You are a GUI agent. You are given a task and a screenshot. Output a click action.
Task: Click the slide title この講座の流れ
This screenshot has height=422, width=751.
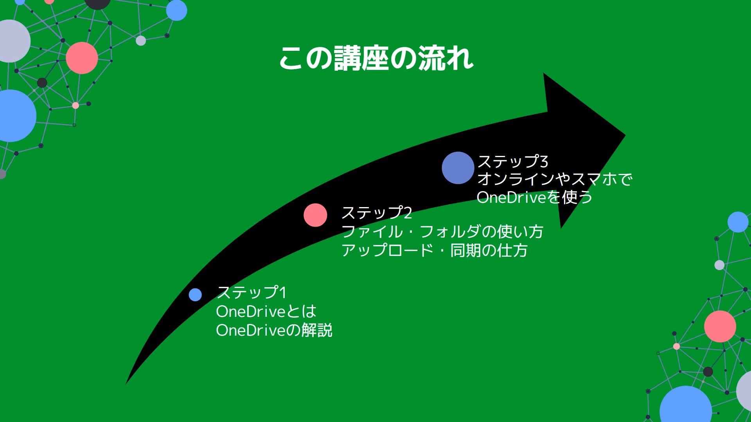pyautogui.click(x=376, y=59)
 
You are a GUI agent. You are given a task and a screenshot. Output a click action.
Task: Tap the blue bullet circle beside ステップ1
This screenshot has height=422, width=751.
pyautogui.click(x=195, y=295)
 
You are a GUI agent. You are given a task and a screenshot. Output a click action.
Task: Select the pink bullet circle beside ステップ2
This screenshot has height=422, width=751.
pyautogui.click(x=315, y=215)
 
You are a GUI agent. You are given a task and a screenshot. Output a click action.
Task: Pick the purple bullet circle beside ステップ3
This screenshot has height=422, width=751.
pyautogui.click(x=458, y=168)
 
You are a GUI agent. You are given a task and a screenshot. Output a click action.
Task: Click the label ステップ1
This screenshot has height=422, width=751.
pyautogui.click(x=252, y=292)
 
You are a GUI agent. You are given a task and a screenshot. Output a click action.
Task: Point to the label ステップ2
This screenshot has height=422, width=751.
pyautogui.click(x=377, y=213)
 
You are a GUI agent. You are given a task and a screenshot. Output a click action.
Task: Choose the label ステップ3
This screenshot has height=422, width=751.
pyautogui.click(x=512, y=161)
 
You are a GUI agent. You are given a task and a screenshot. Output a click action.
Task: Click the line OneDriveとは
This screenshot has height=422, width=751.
pyautogui.click(x=266, y=311)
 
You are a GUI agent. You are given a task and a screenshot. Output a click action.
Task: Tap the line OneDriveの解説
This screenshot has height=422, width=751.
pyautogui.click(x=274, y=330)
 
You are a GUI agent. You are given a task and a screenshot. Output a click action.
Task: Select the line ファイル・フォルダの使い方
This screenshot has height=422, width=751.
pyautogui.click(x=442, y=232)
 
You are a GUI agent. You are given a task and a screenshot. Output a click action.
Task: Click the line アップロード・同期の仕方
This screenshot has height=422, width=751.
pyautogui.click(x=434, y=250)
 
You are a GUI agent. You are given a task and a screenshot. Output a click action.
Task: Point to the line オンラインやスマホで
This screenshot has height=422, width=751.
pyautogui.click(x=554, y=179)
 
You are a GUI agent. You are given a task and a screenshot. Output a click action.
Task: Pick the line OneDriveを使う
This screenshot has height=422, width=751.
pyautogui.click(x=534, y=197)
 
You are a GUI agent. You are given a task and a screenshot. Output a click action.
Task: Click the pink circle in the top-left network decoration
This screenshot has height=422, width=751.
pyautogui.click(x=82, y=58)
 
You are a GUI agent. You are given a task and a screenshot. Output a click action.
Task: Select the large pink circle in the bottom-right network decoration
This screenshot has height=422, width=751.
pyautogui.click(x=720, y=326)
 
